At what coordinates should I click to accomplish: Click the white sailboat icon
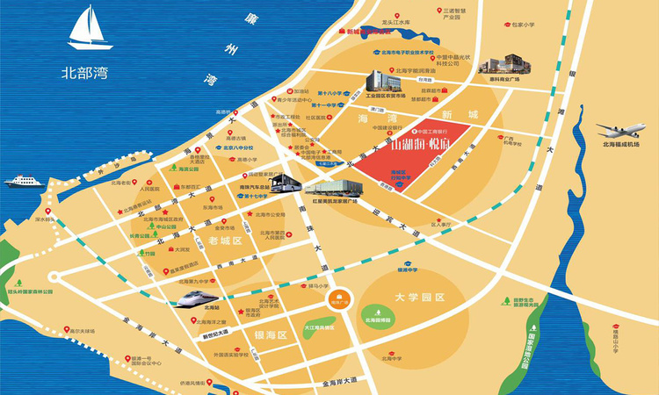tap(91, 28)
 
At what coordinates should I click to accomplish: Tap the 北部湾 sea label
tap(86, 71)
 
